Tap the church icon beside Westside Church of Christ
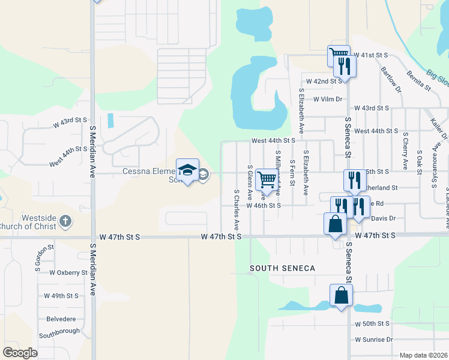pyautogui.click(x=65, y=222)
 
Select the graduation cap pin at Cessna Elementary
pyautogui.click(x=187, y=170)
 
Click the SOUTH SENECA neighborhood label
pyautogui.click(x=282, y=268)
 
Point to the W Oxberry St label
pyautogui.click(x=68, y=272)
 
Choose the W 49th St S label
pyautogui.click(x=62, y=296)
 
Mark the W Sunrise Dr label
pyautogui.click(x=373, y=339)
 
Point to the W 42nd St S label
pyautogui.click(x=324, y=80)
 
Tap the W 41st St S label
pyautogui.click(x=372, y=55)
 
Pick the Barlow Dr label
pyautogui.click(x=391, y=79)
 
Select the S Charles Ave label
pyautogui.click(x=237, y=211)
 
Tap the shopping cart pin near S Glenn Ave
pyautogui.click(x=267, y=179)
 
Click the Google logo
pyautogui.click(x=20, y=352)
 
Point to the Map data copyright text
pyautogui.click(x=423, y=355)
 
